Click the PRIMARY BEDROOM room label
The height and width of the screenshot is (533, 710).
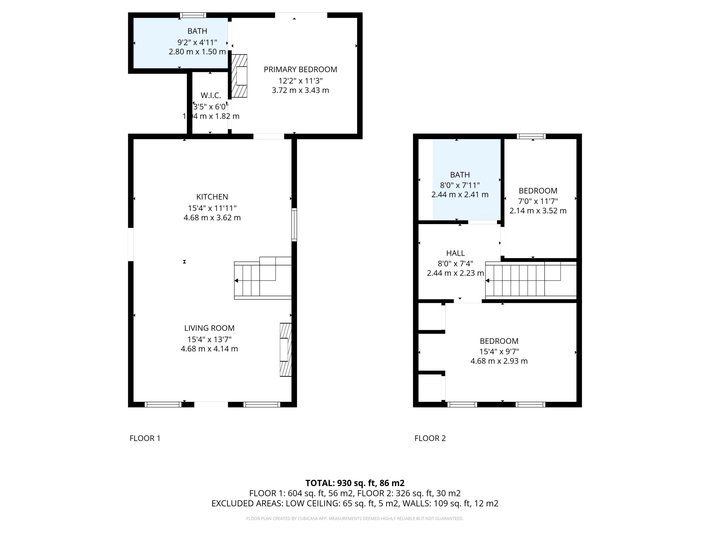300,69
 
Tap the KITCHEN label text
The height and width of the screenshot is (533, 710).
212,197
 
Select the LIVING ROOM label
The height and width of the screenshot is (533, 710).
209,328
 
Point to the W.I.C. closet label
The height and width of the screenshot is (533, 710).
211,95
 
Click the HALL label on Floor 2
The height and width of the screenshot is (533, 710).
455,253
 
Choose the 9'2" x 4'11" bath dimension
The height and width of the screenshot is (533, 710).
197,42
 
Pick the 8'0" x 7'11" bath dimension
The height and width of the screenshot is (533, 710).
460,185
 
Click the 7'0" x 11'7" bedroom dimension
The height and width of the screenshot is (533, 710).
538,201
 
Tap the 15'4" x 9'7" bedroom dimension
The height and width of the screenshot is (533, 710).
499,351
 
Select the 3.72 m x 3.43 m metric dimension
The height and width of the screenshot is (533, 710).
300,90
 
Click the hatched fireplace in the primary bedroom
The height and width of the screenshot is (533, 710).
239,76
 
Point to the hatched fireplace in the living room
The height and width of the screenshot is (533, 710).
286,350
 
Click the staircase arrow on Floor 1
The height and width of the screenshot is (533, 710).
236,280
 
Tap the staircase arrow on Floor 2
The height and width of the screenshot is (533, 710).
487,280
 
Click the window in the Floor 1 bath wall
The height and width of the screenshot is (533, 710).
193,15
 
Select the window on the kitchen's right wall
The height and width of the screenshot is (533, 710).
294,225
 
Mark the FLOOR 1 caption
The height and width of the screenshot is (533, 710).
145,438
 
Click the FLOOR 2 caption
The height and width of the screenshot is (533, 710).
430,438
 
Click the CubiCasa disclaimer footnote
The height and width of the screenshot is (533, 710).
355,519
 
